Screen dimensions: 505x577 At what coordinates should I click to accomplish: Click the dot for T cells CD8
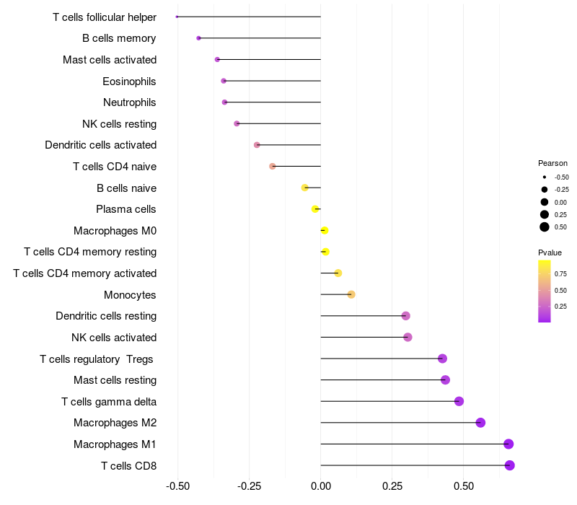click(x=509, y=465)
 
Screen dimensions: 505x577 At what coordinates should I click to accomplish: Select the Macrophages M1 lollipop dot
click(x=508, y=444)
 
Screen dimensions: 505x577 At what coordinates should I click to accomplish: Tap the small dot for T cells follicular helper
click(x=177, y=17)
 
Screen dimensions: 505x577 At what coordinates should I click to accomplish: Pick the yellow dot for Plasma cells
click(x=315, y=209)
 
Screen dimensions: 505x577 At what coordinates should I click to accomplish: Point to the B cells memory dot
click(x=198, y=38)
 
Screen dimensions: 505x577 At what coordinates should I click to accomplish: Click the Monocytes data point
click(x=351, y=294)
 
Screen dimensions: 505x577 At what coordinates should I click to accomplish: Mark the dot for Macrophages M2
click(x=480, y=423)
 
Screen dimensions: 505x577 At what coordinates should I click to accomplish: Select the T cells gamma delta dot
click(x=459, y=401)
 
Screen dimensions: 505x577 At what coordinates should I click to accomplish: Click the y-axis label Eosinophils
click(x=129, y=81)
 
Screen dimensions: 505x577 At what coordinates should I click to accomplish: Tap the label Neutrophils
click(x=130, y=102)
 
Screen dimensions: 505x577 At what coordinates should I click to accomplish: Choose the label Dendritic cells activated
click(x=101, y=145)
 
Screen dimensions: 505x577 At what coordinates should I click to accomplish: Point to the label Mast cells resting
click(x=115, y=380)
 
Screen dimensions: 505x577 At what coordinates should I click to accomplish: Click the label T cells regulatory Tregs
click(x=97, y=359)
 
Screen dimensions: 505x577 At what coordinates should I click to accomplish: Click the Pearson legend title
click(x=552, y=163)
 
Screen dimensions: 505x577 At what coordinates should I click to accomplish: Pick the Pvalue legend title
click(x=550, y=252)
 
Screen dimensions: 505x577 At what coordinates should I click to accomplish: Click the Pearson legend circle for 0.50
click(x=545, y=227)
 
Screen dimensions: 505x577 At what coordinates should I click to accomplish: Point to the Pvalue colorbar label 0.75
click(x=560, y=274)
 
